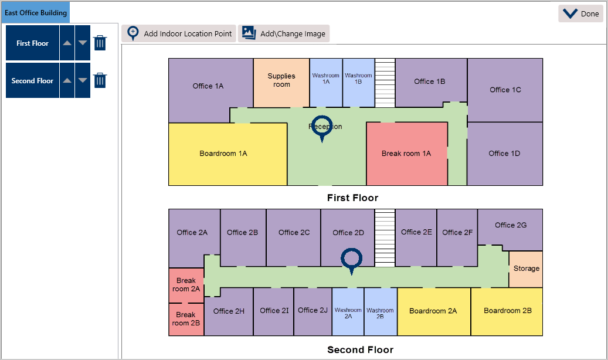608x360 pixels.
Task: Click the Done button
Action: [580, 14]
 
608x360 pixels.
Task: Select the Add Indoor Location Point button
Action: [179, 33]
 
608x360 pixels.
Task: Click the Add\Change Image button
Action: [284, 33]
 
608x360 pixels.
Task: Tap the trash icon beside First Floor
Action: [100, 43]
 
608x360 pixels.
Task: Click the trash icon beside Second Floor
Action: [100, 80]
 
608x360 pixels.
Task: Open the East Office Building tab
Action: [36, 12]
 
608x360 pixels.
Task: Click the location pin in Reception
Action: [322, 129]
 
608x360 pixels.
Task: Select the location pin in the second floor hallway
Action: [352, 260]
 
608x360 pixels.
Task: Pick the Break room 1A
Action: [406, 154]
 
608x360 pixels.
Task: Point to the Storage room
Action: [526, 269]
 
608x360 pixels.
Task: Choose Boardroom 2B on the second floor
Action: [507, 311]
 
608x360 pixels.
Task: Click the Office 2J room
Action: [313, 311]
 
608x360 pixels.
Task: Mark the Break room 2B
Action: [186, 319]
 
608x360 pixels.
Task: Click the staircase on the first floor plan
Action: [385, 82]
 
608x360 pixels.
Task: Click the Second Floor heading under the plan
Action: [360, 350]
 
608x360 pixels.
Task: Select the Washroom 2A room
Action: [348, 311]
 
